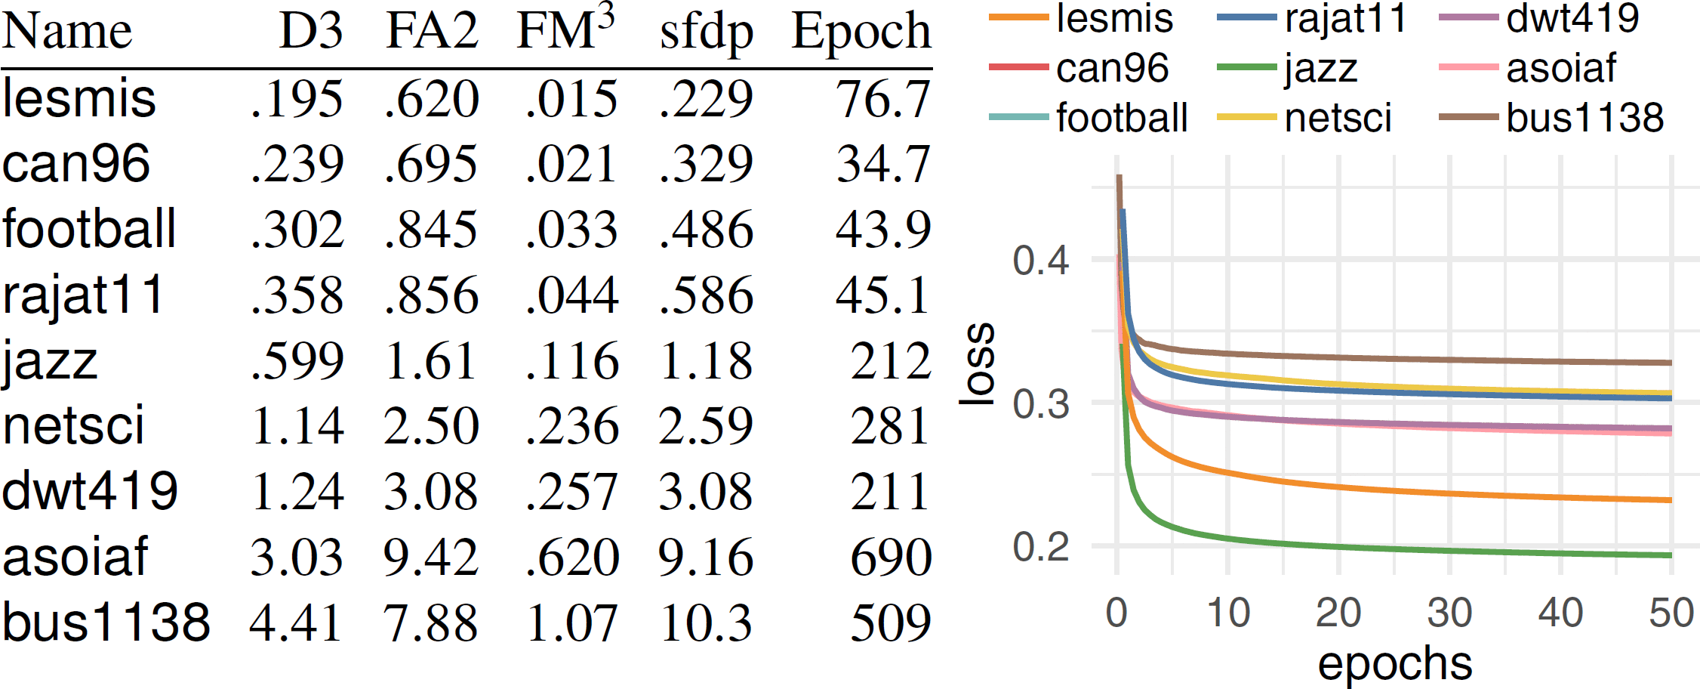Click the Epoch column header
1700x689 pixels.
pos(861,32)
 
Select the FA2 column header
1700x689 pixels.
pos(432,32)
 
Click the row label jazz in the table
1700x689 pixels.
pos(50,361)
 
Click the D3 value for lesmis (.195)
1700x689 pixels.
pos(297,99)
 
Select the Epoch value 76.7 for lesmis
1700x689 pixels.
pos(882,99)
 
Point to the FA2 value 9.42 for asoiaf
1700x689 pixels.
pos(430,558)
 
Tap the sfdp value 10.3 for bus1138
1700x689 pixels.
pos(706,623)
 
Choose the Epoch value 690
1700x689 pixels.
pos(891,558)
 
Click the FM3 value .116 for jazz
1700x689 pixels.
pos(572,360)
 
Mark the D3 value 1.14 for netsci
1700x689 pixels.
pos(297,426)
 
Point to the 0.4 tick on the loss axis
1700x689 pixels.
pos(1041,260)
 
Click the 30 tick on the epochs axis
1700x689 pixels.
pos(1449,613)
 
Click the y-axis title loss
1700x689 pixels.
pos(978,364)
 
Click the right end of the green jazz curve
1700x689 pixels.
pos(1670,555)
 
